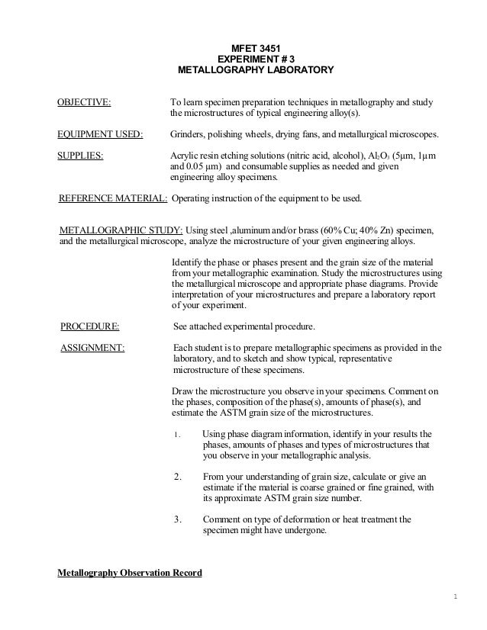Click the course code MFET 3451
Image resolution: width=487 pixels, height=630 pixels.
pos(255,47)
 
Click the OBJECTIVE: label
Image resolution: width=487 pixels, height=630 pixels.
pos(84,101)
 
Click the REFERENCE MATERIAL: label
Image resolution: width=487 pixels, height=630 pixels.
pos(114,199)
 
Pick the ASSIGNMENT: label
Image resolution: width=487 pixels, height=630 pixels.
pos(92,349)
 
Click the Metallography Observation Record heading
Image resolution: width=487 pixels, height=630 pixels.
pos(130,573)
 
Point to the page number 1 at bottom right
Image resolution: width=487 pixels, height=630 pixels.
pos(453,597)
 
